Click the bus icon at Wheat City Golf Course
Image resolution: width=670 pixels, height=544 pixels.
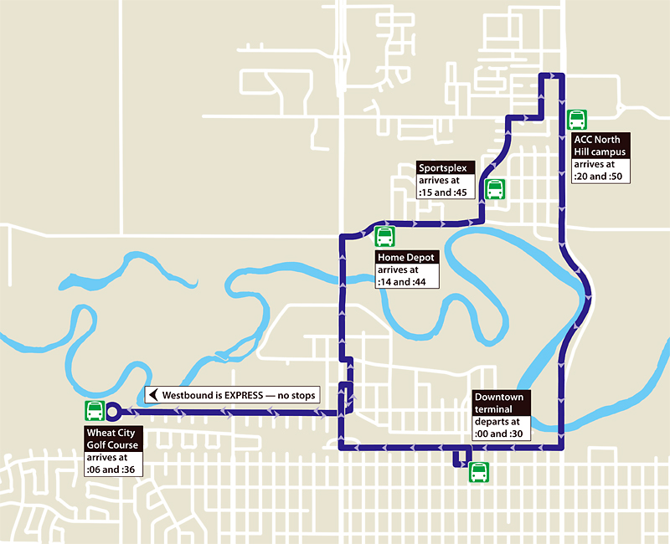click(x=95, y=411)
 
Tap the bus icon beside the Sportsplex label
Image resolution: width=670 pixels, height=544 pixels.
click(x=494, y=188)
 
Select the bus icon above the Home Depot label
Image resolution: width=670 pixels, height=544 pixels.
click(x=384, y=237)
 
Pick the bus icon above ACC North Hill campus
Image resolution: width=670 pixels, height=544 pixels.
click(x=576, y=119)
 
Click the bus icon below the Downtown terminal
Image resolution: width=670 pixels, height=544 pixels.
click(x=478, y=472)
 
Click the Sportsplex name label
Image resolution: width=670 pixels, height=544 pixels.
click(x=447, y=167)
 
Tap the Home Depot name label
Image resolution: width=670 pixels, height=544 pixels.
click(x=406, y=258)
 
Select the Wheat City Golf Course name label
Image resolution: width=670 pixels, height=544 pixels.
click(x=113, y=439)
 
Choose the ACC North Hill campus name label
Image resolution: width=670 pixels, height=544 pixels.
click(x=600, y=146)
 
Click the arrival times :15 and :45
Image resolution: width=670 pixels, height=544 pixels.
click(x=446, y=187)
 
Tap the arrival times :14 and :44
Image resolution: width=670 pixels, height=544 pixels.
click(x=405, y=276)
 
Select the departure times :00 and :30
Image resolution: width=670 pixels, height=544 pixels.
click(x=500, y=428)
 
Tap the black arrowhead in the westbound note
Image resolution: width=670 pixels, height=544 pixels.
click(x=152, y=394)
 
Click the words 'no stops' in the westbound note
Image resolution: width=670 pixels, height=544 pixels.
click(x=294, y=394)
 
